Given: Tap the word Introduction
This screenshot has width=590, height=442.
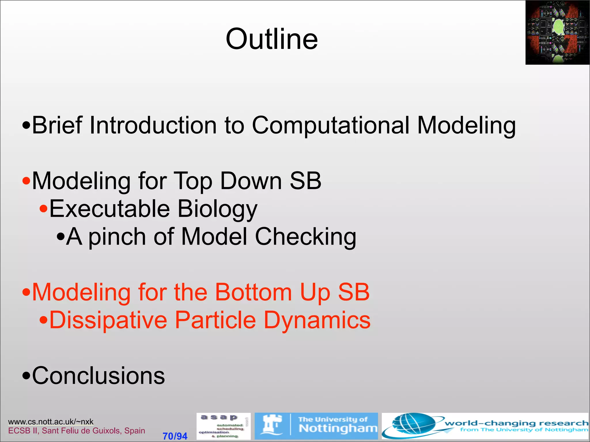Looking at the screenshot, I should coord(153,125).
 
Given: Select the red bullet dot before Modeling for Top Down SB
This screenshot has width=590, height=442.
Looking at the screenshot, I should coord(26,181).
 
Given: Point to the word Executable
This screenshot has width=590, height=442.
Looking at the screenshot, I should coord(109,209).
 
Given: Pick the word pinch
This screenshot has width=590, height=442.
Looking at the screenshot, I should coord(117,237).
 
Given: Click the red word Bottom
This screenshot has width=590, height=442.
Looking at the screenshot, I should coord(254,292).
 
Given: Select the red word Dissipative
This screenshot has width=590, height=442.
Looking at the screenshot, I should coord(108,320).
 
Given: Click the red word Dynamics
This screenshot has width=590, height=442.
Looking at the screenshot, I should coord(317,320).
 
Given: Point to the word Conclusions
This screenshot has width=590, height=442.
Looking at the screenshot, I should coord(98,376).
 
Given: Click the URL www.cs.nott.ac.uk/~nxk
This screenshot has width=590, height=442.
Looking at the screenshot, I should coord(51,422).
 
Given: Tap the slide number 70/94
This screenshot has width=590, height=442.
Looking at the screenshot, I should coord(175,436).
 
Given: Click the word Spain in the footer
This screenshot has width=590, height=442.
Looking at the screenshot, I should coord(135,430).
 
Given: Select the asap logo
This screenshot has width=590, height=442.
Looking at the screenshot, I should coord(223,426).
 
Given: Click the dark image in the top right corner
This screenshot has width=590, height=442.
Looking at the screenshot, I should coord(557,32).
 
